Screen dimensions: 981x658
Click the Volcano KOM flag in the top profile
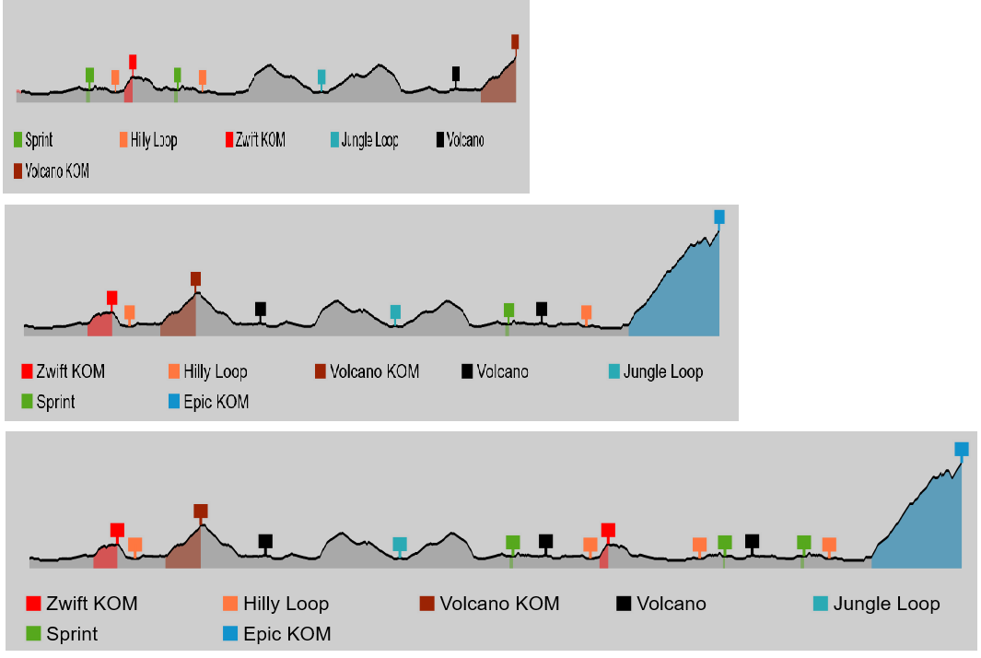[515, 42]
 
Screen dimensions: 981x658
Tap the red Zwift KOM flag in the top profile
[133, 62]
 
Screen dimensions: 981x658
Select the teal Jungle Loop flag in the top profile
[321, 77]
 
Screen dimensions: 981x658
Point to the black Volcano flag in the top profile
[456, 74]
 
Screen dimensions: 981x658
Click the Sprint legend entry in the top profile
[33, 139]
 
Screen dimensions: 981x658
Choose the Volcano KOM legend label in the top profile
[52, 170]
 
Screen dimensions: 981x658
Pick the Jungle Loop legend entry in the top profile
[365, 139]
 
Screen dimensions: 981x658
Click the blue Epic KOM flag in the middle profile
[719, 217]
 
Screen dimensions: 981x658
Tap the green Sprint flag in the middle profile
[509, 310]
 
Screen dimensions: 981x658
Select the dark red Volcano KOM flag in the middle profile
[196, 278]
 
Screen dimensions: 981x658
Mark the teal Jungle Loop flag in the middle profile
[395, 311]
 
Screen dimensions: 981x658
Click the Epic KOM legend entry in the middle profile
[209, 401]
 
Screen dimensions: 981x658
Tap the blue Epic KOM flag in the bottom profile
[962, 449]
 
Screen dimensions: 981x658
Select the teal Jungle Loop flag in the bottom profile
[400, 544]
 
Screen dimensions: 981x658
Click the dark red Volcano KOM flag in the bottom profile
[201, 511]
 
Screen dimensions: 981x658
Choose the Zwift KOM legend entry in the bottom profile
[82, 604]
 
